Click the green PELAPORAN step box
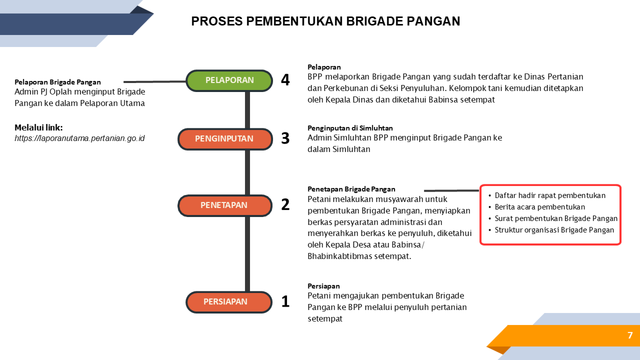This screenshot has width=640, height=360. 229,80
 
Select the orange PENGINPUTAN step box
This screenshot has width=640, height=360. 225,139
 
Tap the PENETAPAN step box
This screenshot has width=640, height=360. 225,205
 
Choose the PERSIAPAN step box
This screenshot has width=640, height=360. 229,302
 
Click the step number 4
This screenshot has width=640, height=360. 285,80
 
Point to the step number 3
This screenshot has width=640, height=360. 285,138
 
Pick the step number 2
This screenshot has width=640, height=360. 285,204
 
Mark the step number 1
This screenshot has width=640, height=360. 285,301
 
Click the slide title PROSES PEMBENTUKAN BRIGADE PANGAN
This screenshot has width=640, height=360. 326,21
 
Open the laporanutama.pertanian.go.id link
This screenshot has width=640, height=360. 80,138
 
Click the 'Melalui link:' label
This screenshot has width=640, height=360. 39,128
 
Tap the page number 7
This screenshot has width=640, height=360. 630,335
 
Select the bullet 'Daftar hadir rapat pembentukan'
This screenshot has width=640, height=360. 550,196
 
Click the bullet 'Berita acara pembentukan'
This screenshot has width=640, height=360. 540,207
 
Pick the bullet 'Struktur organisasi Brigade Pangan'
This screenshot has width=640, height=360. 554,230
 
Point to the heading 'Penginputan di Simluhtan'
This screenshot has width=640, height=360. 350,128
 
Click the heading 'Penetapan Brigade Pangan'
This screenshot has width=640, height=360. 351,189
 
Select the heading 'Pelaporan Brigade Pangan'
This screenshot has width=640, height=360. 58,82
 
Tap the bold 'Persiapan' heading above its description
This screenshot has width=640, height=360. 324,286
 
